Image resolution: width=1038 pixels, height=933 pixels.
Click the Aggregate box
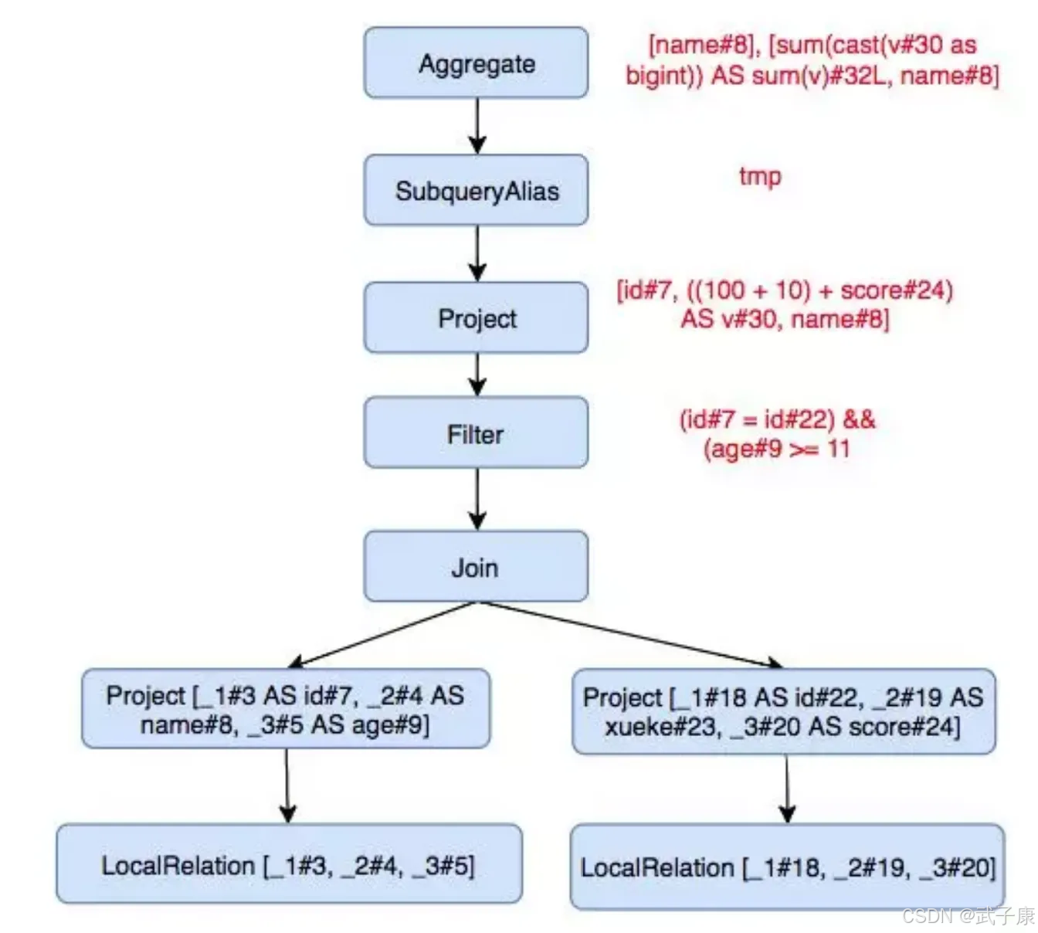[476, 63]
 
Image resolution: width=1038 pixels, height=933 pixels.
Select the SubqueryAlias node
[476, 190]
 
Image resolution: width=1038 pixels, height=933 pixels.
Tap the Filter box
[476, 433]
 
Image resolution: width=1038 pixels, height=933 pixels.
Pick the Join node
[476, 566]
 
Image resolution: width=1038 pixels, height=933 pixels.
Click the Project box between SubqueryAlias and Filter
[476, 317]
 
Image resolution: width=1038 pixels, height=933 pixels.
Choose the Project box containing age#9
[286, 708]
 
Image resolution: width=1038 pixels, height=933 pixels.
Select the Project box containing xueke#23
[784, 711]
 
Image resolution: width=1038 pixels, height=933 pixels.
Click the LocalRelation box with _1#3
[290, 863]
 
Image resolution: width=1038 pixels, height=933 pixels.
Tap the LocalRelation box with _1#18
[788, 867]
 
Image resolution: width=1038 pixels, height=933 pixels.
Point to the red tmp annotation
[760, 177]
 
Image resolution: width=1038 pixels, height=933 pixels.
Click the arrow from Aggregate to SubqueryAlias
[477, 126]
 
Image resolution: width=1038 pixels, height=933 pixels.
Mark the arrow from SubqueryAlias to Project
[477, 253]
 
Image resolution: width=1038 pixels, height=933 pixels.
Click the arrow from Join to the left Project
[383, 634]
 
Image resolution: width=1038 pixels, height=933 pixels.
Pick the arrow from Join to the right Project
[631, 634]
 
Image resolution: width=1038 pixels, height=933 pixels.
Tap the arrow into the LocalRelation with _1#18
[787, 789]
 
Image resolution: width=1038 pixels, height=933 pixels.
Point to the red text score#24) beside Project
[897, 291]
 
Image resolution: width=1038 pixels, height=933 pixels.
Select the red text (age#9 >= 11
[776, 449]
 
